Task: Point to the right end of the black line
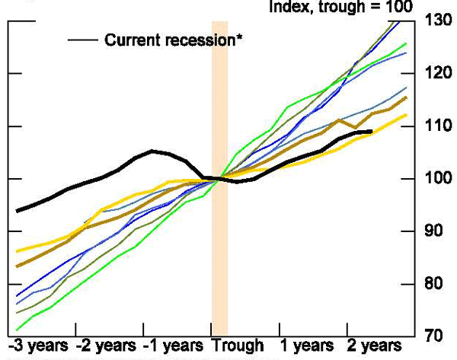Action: click(x=372, y=132)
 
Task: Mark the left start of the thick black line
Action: click(x=16, y=211)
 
